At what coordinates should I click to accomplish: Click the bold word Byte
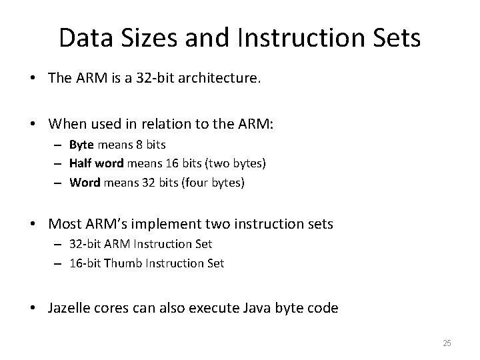pyautogui.click(x=82, y=145)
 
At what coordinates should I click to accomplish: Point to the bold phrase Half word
pyautogui.click(x=97, y=163)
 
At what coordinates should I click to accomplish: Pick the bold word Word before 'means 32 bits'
pyautogui.click(x=85, y=182)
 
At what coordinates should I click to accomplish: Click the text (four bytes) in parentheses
pyautogui.click(x=218, y=182)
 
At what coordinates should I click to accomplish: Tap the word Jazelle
pyautogui.click(x=69, y=307)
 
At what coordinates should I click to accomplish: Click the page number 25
pyautogui.click(x=447, y=343)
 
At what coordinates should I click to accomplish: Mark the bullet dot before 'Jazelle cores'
pyautogui.click(x=39, y=308)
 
